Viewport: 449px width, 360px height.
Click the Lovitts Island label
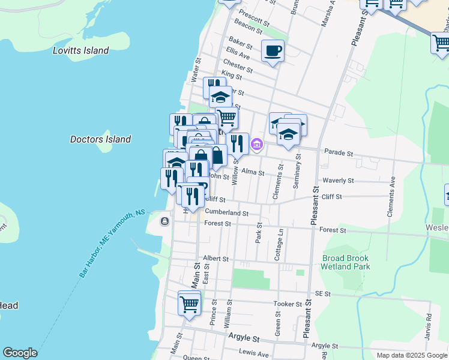click(80, 51)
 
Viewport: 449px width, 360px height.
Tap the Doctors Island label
click(100, 139)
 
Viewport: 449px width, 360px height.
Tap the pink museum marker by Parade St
click(258, 145)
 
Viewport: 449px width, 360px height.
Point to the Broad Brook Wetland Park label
click(346, 262)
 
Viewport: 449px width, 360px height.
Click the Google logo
click(20, 353)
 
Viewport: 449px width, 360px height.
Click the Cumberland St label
click(226, 212)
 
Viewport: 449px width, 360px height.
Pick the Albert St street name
click(216, 259)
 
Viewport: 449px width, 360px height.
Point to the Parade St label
click(338, 153)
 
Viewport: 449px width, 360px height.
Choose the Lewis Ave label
click(254, 354)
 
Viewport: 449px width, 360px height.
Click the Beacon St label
click(248, 26)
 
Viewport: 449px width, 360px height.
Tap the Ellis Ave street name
click(238, 53)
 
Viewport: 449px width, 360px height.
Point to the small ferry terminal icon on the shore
click(164, 221)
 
